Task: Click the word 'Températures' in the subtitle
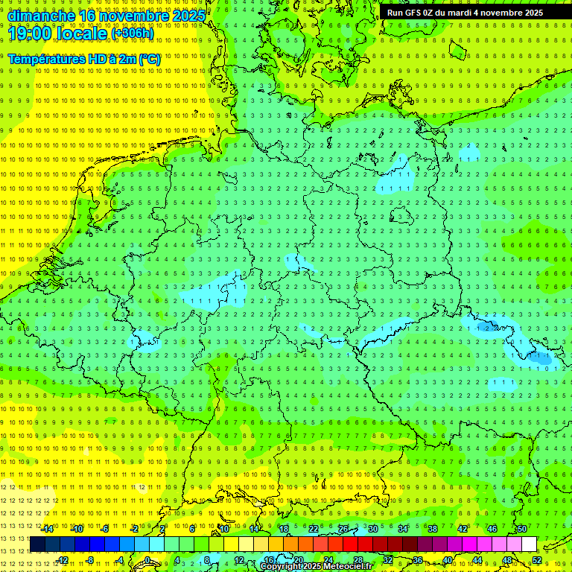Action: coord(50,59)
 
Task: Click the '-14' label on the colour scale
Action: coord(48,529)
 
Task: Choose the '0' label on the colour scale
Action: coord(147,560)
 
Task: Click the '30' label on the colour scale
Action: coord(372,529)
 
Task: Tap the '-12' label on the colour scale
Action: coord(62,560)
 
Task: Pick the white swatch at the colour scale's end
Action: coord(530,544)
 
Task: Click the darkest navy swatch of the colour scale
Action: coord(37,544)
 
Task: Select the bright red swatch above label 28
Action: coord(350,544)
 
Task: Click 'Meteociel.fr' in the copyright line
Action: coord(347,567)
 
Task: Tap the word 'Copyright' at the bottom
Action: coord(282,567)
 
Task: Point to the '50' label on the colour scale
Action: coord(521,529)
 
